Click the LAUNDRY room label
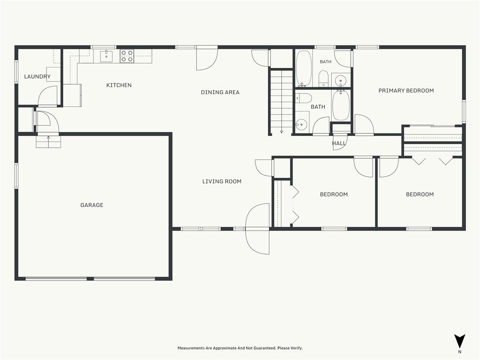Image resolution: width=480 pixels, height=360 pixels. tap(37, 76)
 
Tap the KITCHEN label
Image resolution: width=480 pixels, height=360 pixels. tap(119, 85)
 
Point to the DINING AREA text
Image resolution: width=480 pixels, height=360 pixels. tap(220, 92)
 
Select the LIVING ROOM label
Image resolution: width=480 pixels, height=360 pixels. tap(222, 181)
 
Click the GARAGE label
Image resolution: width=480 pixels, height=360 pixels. tap(92, 205)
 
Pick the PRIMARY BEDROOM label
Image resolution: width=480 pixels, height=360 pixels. tap(406, 90)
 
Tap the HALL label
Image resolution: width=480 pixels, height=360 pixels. tap(339, 143)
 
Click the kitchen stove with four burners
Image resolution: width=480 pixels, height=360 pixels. tap(127, 56)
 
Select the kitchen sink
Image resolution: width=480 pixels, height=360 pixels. tap(106, 56)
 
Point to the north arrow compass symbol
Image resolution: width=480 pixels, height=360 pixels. tap(459, 341)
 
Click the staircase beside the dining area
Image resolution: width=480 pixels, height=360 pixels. tap(281, 101)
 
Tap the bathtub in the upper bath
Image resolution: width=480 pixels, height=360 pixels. tap(303, 68)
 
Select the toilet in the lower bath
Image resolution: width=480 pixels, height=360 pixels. tap(303, 98)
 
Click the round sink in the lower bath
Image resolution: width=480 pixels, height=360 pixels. tap(301, 124)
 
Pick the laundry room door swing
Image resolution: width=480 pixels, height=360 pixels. tap(48, 96)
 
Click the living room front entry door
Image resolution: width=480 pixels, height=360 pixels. tap(257, 229)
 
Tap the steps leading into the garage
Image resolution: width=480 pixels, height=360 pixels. tap(48, 142)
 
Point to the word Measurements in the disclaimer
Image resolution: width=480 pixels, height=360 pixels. tap(191, 348)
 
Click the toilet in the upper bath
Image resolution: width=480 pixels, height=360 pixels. tap(323, 78)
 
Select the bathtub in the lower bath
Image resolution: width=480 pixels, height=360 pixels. tap(341, 105)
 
